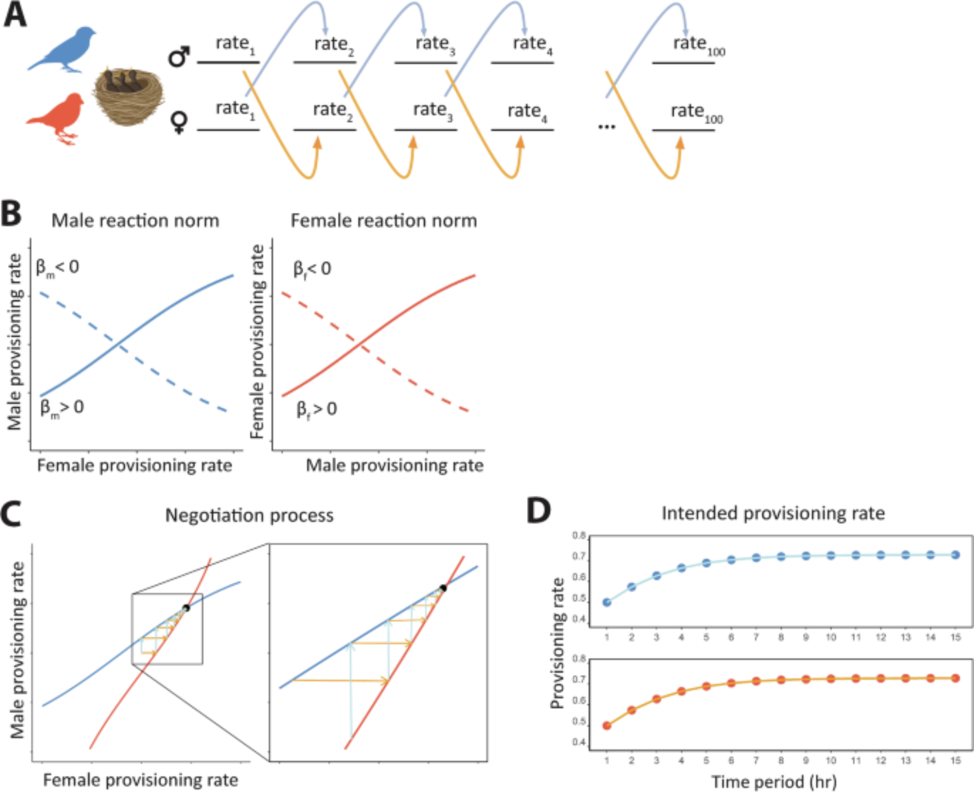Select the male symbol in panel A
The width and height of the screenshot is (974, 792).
(x=179, y=57)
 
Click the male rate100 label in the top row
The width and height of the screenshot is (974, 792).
(x=698, y=45)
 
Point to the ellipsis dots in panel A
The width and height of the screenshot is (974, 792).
(x=606, y=127)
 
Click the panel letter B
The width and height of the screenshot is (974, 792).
(x=12, y=214)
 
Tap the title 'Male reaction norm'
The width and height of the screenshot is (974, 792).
(x=135, y=221)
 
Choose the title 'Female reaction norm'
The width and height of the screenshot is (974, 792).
(x=384, y=221)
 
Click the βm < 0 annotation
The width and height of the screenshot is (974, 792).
(x=57, y=268)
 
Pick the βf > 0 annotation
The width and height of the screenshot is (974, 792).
(x=317, y=410)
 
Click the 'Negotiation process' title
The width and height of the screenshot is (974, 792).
(x=249, y=515)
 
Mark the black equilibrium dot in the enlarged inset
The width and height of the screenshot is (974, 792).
(x=443, y=588)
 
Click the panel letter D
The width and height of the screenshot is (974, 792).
(x=539, y=511)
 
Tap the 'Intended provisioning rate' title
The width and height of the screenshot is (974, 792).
(x=773, y=513)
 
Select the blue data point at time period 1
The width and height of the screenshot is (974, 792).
(x=607, y=603)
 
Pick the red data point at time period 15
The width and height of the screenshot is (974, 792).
(x=955, y=678)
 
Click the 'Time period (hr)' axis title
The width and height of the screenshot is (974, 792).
(x=774, y=781)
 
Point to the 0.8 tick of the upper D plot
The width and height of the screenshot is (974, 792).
(x=579, y=536)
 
